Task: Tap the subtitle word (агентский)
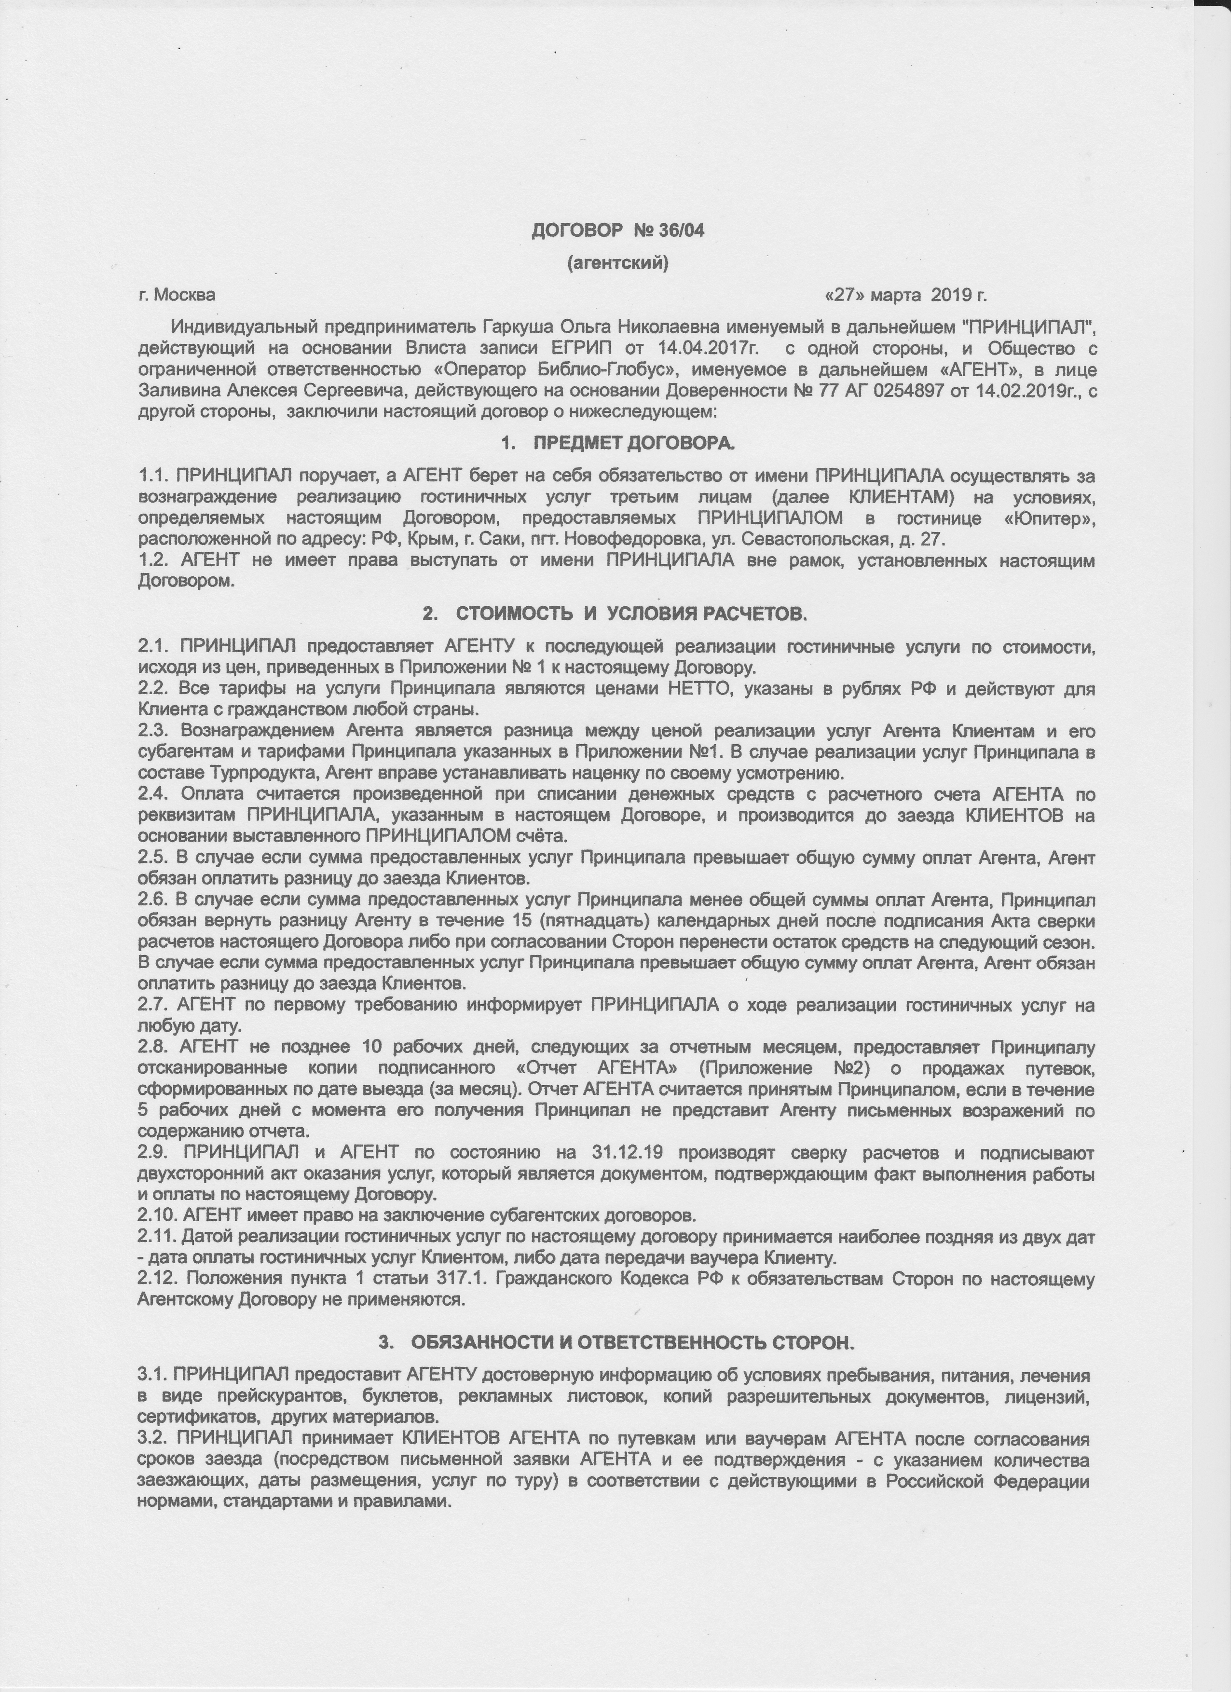pos(618,262)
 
